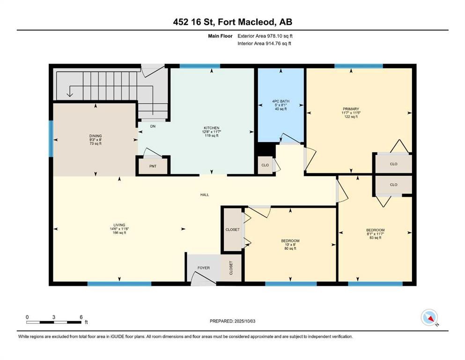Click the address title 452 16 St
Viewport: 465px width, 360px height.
tap(232, 22)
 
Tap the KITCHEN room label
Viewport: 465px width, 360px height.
tap(211, 128)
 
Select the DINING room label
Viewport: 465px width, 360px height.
tap(96, 136)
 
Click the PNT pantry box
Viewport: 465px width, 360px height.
tap(153, 166)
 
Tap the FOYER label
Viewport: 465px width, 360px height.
tap(203, 268)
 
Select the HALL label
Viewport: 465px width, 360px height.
tap(205, 195)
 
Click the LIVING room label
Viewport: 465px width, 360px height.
tap(119, 225)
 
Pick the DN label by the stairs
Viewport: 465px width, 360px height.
tap(153, 126)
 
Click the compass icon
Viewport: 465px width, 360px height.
tap(429, 318)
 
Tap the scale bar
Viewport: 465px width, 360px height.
tap(54, 322)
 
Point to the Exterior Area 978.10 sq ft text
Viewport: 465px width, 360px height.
tap(265, 36)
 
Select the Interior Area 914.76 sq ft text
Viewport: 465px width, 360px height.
tap(265, 44)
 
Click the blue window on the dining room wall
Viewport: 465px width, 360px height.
tap(51, 139)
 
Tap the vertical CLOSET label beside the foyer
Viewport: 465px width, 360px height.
tap(231, 268)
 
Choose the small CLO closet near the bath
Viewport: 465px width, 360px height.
tap(265, 165)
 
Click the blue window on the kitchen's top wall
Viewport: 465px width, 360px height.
tap(199, 66)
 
